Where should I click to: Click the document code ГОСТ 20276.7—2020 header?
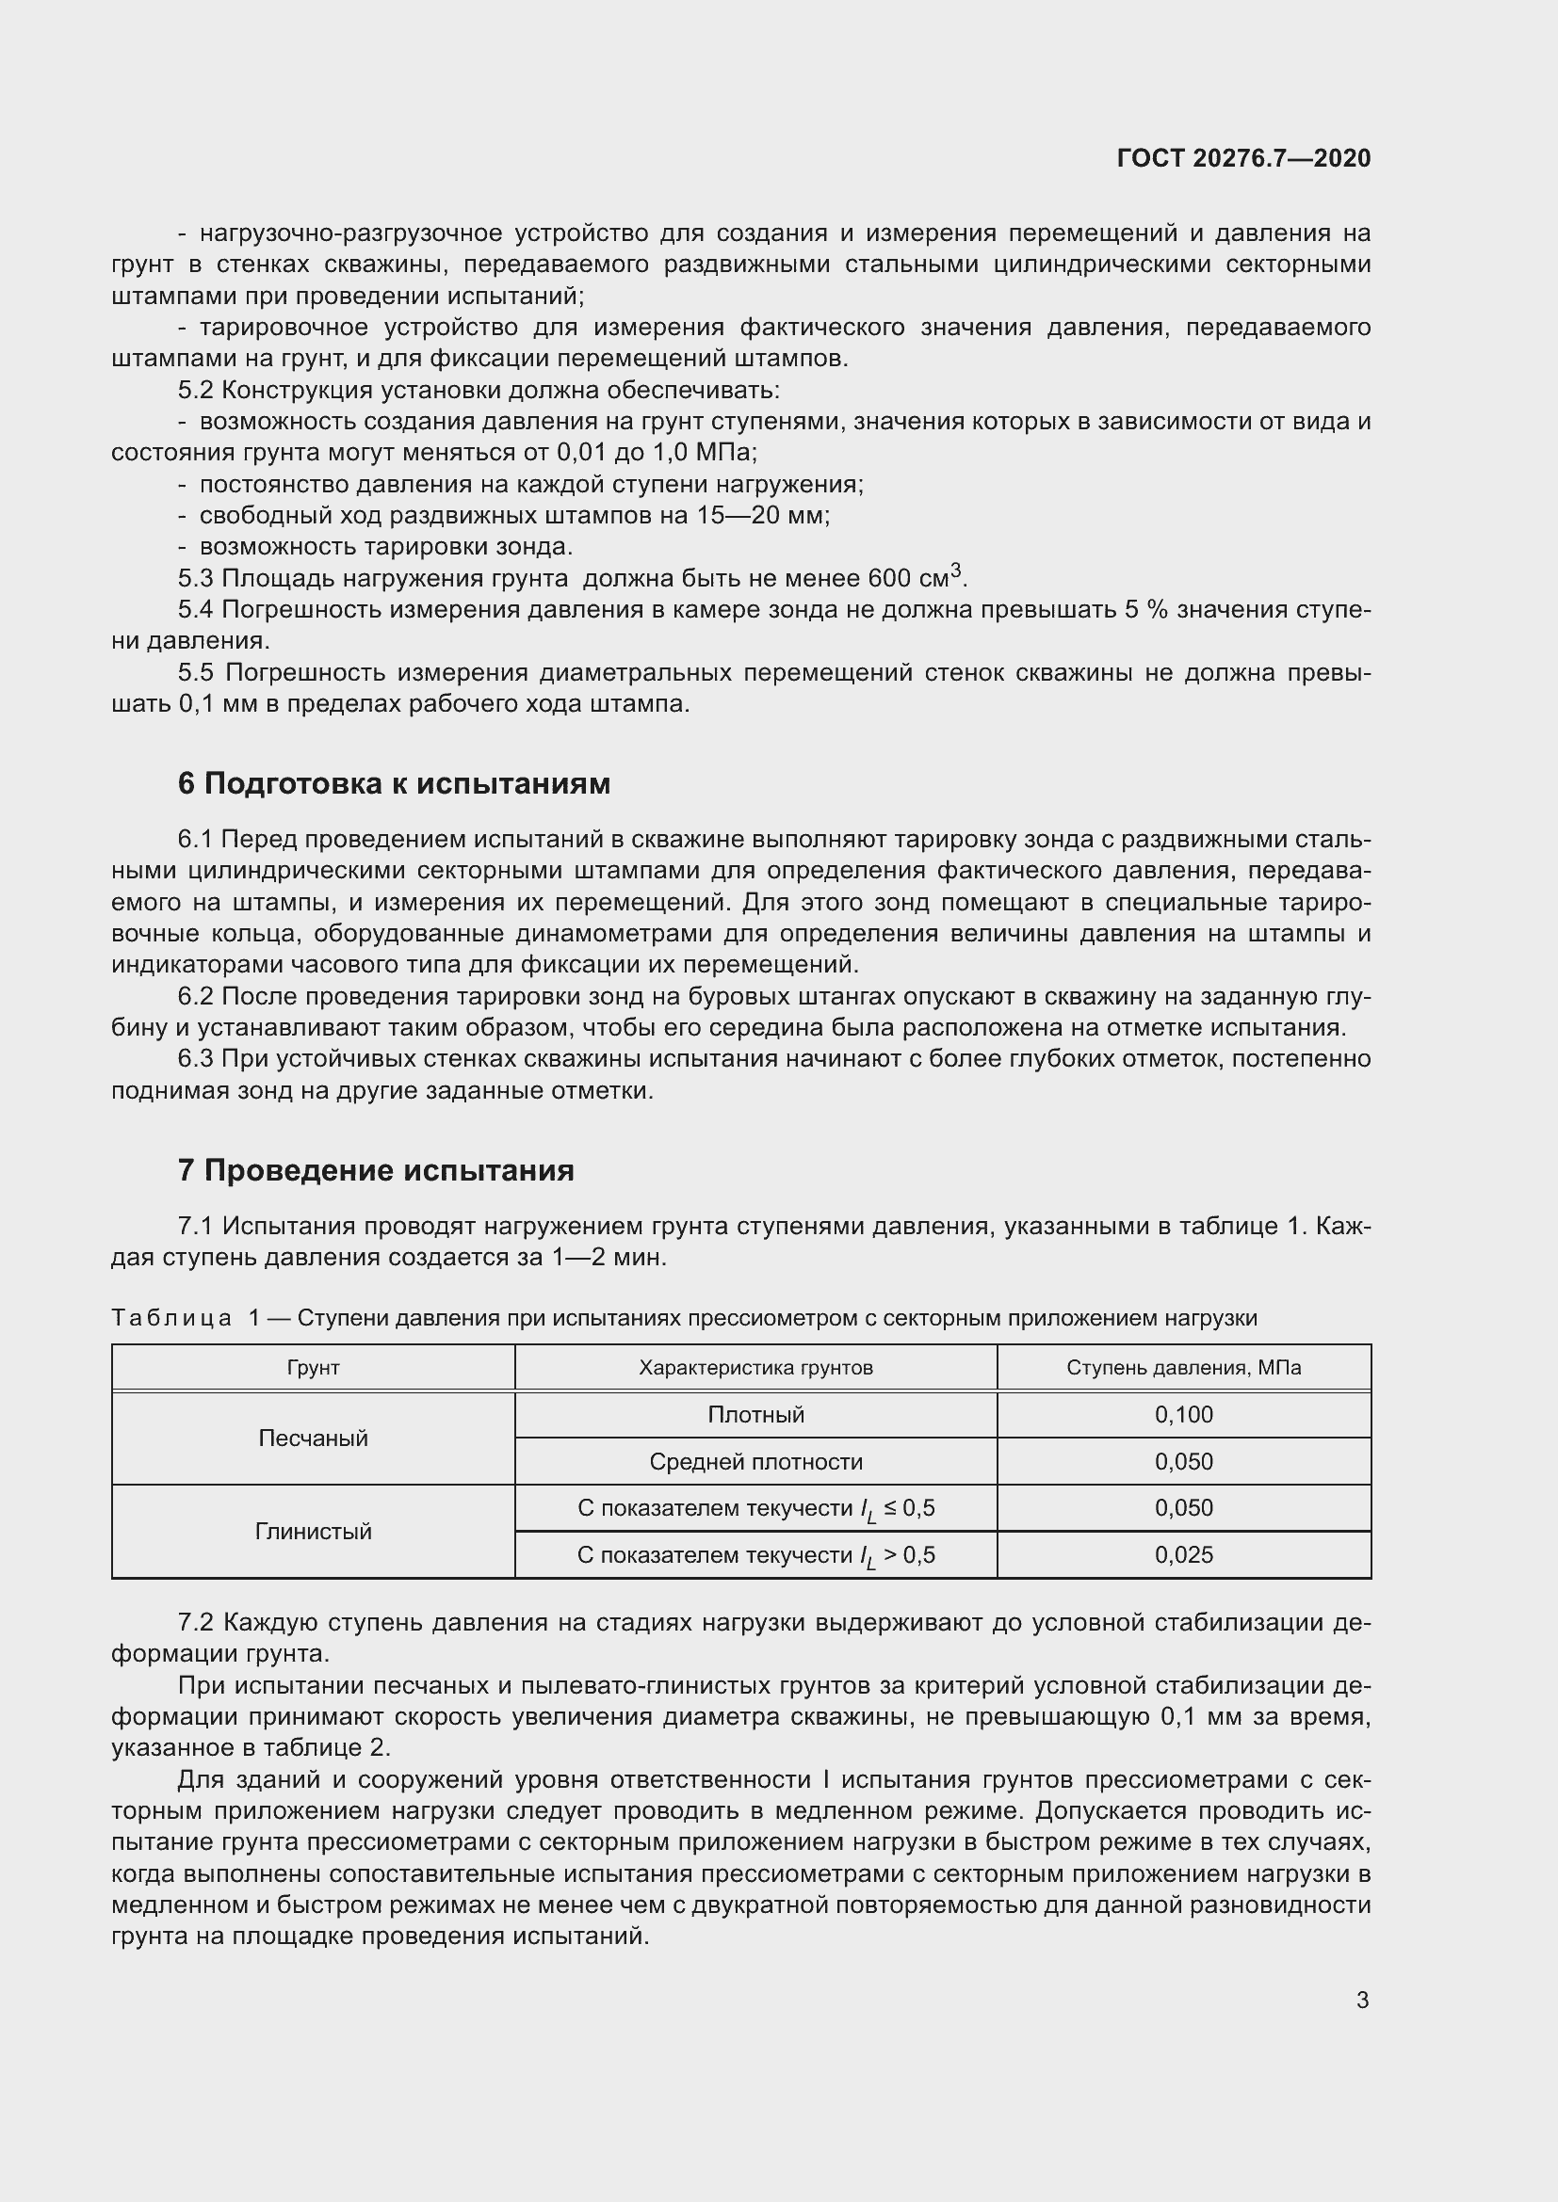[1243, 158]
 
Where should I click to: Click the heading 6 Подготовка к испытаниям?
[394, 783]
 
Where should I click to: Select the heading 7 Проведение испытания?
[375, 1170]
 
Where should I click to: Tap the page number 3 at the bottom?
[1362, 2000]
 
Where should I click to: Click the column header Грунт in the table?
[313, 1368]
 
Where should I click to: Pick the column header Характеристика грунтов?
[756, 1368]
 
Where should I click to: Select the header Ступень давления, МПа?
[1184, 1368]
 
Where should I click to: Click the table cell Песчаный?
[313, 1438]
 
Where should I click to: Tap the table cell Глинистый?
[313, 1532]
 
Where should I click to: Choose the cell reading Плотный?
[756, 1415]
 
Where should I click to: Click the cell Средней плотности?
[756, 1462]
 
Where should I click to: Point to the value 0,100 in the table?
[1184, 1415]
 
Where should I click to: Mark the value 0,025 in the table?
[1184, 1554]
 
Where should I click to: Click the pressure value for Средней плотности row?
[1184, 1462]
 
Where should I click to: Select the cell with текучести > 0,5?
[756, 1554]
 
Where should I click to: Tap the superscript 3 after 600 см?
[955, 571]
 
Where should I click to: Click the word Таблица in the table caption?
[171, 1318]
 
